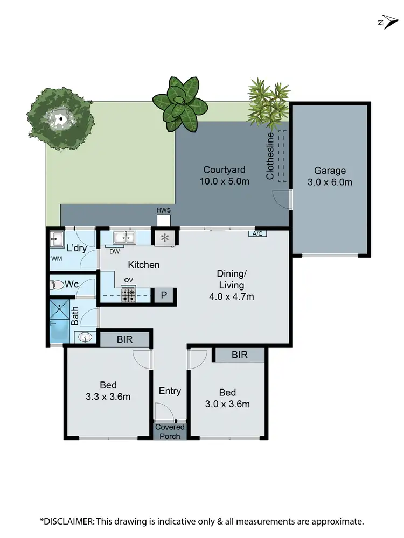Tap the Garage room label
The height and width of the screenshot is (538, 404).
point(330,171)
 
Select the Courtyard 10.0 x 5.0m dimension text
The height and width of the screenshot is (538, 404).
point(225,181)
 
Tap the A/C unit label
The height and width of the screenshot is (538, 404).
point(257,233)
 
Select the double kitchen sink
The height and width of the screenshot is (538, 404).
point(124,237)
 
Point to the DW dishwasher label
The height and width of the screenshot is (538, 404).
point(114,251)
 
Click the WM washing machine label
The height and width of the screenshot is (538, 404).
point(56,259)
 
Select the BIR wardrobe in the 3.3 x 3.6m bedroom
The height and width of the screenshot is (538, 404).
point(125,339)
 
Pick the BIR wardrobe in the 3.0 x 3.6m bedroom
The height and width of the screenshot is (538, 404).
point(239,355)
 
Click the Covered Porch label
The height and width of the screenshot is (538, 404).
point(170,431)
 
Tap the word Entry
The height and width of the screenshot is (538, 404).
point(170,391)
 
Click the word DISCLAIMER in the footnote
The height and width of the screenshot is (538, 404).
point(69,521)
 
